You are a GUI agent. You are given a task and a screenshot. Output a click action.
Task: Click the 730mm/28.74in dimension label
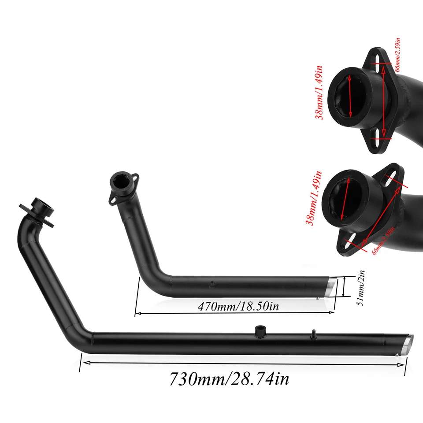coord(229,378)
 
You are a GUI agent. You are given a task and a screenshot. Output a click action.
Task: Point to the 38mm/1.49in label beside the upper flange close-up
coord(319,92)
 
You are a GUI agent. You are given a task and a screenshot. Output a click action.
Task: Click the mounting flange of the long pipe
coord(36,211)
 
